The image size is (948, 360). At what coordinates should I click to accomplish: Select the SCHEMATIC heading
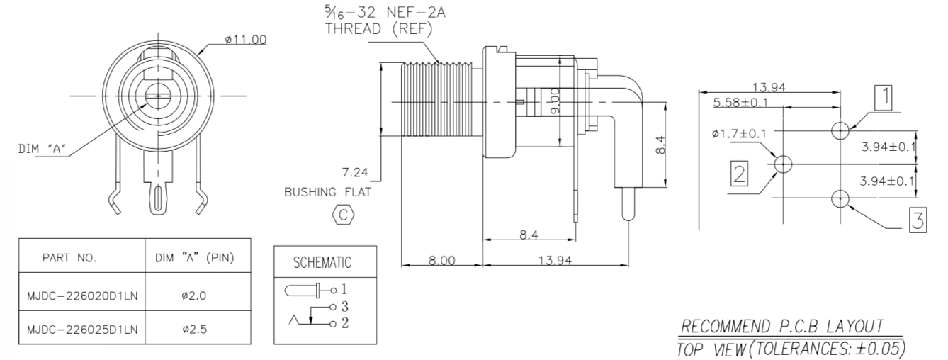(322, 263)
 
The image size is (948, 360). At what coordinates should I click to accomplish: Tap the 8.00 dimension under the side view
(441, 260)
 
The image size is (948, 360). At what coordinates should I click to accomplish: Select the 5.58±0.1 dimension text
(742, 103)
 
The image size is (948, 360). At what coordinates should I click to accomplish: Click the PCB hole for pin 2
(783, 164)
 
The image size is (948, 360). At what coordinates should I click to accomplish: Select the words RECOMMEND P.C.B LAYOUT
(781, 326)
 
